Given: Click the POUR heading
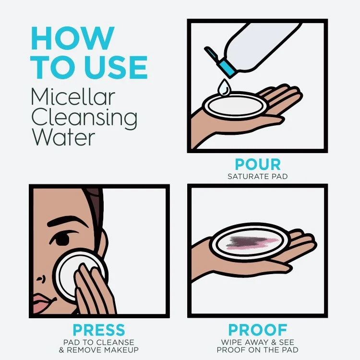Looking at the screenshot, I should (x=257, y=165).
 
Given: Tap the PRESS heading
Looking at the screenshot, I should (x=98, y=330).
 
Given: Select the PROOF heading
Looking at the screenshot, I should (x=257, y=330).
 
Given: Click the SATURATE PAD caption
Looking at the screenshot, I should (x=257, y=176).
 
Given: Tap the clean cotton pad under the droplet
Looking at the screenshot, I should (x=234, y=104).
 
